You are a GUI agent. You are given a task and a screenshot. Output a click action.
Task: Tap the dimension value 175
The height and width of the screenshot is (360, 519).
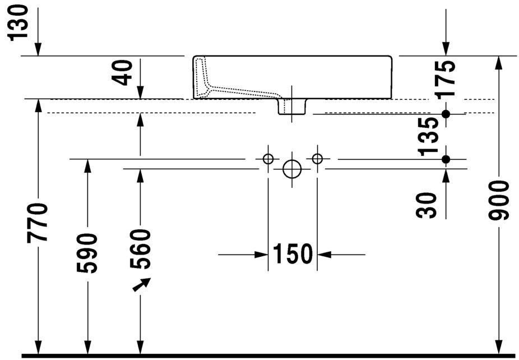(445, 79)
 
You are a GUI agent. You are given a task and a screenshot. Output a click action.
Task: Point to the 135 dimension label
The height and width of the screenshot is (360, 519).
(428, 137)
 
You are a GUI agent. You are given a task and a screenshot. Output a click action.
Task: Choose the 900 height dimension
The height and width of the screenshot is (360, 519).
(498, 201)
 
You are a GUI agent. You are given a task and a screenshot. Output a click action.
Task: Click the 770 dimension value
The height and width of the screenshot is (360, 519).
(38, 223)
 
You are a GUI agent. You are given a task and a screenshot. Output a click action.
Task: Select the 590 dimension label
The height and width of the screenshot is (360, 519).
(87, 253)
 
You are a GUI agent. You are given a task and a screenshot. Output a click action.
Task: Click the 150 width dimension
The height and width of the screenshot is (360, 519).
(293, 254)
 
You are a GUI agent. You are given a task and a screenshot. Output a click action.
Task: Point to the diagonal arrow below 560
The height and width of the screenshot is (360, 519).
(142, 284)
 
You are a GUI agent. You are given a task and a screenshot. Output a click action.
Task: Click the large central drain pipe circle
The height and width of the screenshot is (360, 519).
(292, 169)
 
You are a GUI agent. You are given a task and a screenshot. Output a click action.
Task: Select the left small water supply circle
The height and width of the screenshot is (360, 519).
(268, 159)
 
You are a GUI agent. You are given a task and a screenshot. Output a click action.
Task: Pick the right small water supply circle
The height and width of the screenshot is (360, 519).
(317, 159)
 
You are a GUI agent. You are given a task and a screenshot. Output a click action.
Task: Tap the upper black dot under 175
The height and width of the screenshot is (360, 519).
(446, 114)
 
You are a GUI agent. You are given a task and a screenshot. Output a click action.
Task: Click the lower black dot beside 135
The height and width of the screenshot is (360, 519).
(446, 159)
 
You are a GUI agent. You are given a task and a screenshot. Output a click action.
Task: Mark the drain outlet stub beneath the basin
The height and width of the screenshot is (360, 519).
(291, 107)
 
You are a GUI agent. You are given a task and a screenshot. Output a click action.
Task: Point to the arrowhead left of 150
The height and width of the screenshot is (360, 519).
(261, 255)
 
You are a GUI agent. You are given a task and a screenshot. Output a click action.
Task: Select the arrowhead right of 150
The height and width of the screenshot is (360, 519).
(325, 255)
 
